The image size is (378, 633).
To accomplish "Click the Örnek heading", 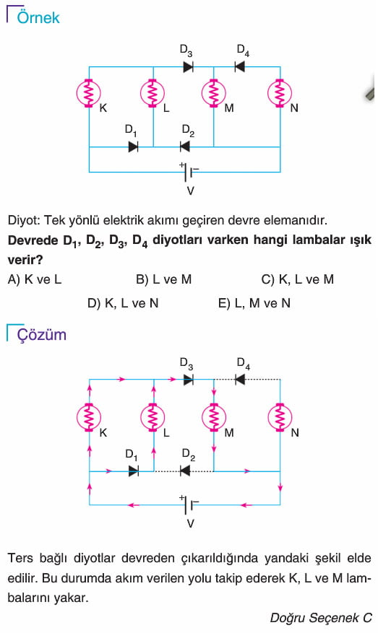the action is click(x=38, y=17).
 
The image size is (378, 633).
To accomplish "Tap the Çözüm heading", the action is click(x=41, y=335).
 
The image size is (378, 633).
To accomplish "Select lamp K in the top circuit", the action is click(x=89, y=93).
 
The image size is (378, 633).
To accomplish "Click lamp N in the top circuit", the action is click(x=280, y=93).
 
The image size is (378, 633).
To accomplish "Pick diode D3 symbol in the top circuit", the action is click(x=188, y=66).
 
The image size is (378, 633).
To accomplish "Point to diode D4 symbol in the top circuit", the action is click(x=240, y=66).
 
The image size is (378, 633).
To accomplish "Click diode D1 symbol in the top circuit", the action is click(x=134, y=147).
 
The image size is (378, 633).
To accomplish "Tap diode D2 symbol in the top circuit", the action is click(x=185, y=147).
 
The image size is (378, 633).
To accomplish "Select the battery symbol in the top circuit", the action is click(x=189, y=172).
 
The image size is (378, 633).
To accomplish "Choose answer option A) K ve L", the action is click(x=35, y=279).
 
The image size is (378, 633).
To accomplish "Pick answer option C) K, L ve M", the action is click(x=298, y=279).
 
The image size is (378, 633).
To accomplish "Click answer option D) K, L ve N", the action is click(x=123, y=303).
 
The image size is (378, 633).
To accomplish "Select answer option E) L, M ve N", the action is click(x=254, y=303).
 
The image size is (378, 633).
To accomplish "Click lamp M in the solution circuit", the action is click(x=214, y=418).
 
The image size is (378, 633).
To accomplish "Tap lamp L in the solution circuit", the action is click(x=153, y=418).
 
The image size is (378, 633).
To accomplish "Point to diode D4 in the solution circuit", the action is click(x=240, y=380).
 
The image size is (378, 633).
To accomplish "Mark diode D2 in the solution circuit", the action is click(x=185, y=471).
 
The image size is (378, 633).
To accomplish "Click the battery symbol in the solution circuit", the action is click(x=189, y=505).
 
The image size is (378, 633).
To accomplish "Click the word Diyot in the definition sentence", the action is click(x=22, y=220).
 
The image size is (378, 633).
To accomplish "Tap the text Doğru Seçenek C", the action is click(x=321, y=618).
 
